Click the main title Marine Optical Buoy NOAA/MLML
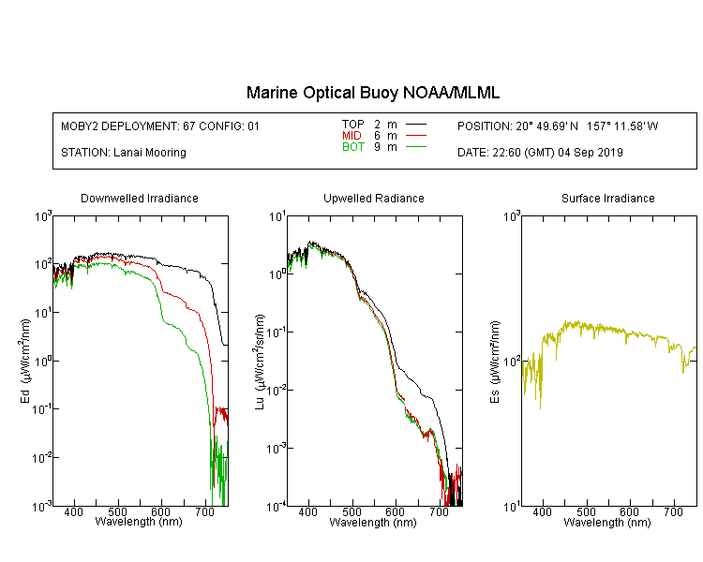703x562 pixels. pyautogui.click(x=372, y=93)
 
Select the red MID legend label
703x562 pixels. pyautogui.click(x=351, y=135)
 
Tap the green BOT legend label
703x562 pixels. pyautogui.click(x=352, y=147)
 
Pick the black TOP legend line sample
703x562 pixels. pyautogui.click(x=415, y=124)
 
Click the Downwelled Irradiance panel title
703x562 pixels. pyautogui.click(x=140, y=198)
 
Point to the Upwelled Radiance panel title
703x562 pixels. pyautogui.click(x=374, y=198)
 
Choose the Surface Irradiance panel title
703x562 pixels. pyautogui.click(x=608, y=198)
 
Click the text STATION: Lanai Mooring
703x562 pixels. pyautogui.click(x=124, y=153)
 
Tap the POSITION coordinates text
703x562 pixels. pyautogui.click(x=558, y=126)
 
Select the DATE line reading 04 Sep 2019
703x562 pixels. pyautogui.click(x=540, y=153)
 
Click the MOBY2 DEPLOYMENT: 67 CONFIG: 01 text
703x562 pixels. pyautogui.click(x=160, y=126)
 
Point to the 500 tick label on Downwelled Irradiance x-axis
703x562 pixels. pyautogui.click(x=117, y=511)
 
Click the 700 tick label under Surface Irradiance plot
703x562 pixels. pyautogui.click(x=673, y=511)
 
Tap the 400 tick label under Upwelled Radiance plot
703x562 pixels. pyautogui.click(x=307, y=511)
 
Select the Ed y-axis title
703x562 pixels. pyautogui.click(x=25, y=362)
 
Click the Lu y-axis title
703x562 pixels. pyautogui.click(x=260, y=362)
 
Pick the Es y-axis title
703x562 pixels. pyautogui.click(x=494, y=362)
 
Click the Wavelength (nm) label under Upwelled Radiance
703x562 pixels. pyautogui.click(x=373, y=523)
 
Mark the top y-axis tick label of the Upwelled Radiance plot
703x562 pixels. pyautogui.click(x=277, y=217)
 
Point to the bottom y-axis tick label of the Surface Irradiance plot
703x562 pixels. pyautogui.click(x=512, y=507)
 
